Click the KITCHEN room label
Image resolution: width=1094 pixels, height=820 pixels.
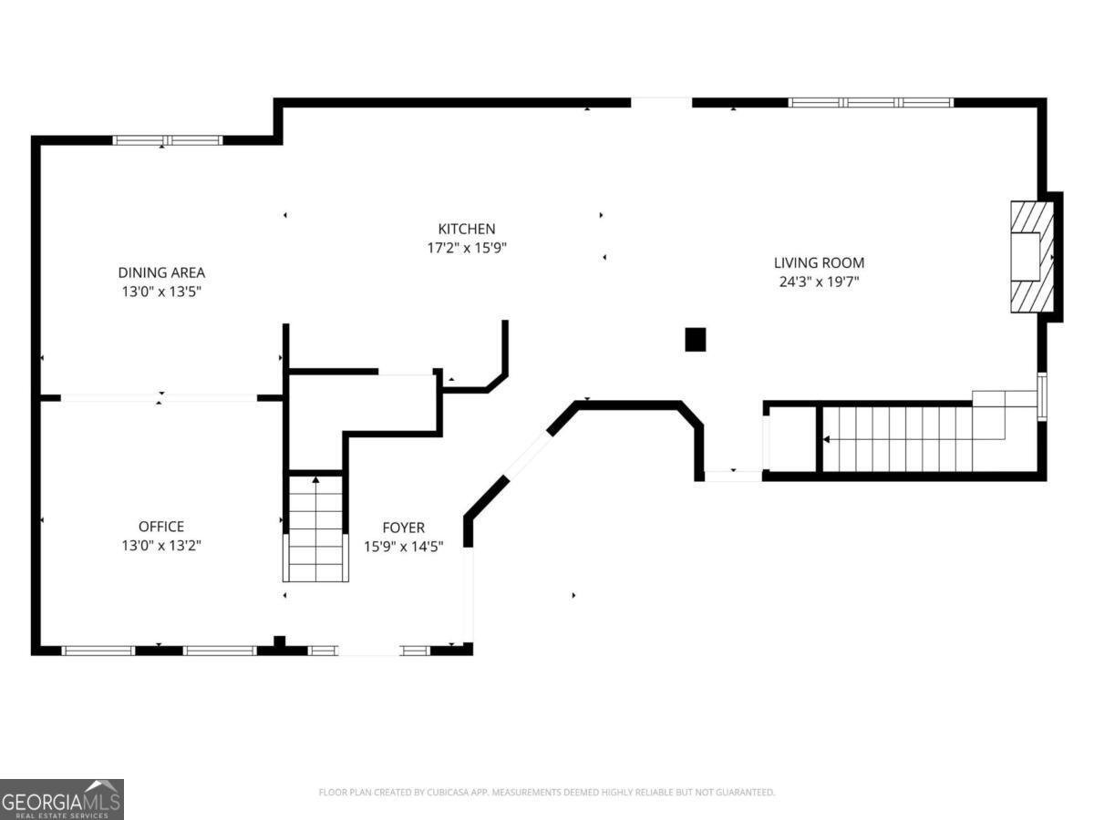(x=467, y=229)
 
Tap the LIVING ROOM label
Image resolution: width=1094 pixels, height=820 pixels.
(x=819, y=263)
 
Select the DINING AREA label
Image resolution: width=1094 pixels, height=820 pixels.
(x=161, y=272)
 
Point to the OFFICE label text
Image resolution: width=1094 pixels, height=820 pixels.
(x=161, y=527)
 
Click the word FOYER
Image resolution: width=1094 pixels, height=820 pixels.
(x=404, y=528)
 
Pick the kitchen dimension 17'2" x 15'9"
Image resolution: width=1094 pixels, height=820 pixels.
(x=467, y=248)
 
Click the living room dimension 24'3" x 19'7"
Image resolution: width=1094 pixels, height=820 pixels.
(x=820, y=282)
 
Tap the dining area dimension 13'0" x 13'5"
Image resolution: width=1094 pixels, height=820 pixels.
(x=161, y=292)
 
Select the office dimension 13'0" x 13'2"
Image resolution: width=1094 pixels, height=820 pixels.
(x=161, y=546)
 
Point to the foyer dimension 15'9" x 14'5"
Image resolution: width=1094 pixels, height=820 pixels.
(x=404, y=547)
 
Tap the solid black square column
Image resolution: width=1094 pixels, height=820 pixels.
(x=696, y=340)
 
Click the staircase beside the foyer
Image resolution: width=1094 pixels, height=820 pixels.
(x=315, y=528)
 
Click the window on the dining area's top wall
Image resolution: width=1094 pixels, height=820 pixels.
(x=168, y=140)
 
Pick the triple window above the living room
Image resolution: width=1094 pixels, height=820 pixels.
(x=871, y=103)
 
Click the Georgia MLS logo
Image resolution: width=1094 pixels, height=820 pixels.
(x=62, y=800)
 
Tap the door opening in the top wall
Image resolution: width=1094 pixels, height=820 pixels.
(x=661, y=103)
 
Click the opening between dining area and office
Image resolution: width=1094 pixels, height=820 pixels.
(x=159, y=398)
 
